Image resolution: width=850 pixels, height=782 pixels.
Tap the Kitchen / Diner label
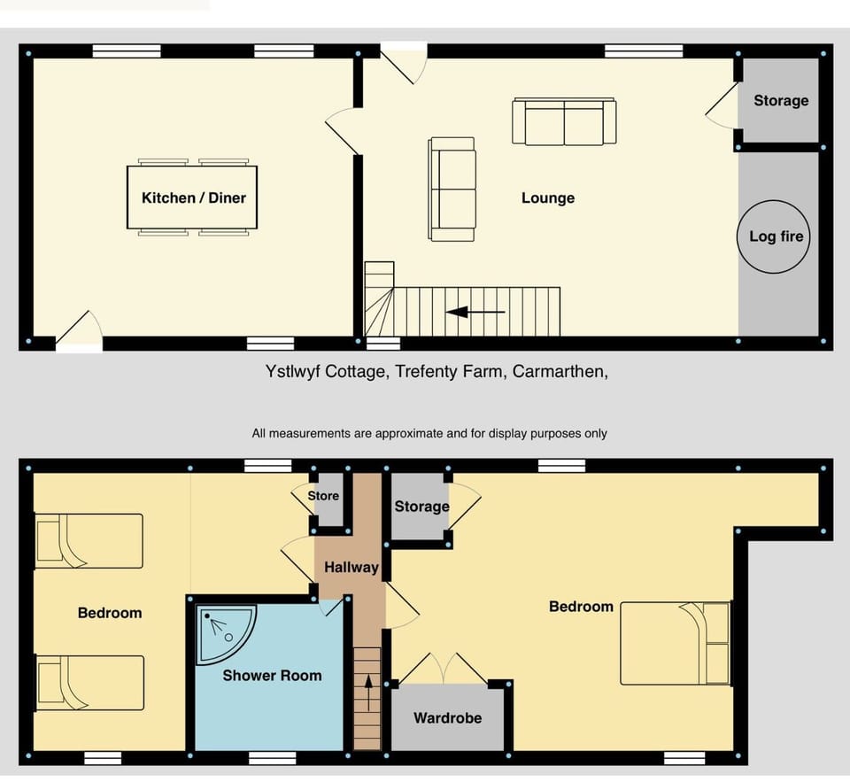point(193,197)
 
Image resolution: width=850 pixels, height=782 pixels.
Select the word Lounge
point(547,198)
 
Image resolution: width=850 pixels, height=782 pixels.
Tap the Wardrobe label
point(447,717)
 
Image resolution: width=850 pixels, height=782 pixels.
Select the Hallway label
point(351,568)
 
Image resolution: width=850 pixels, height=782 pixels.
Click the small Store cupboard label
point(323,496)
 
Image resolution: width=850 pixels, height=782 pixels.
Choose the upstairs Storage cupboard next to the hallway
point(421,507)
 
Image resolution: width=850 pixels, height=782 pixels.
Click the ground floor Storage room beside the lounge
point(780,101)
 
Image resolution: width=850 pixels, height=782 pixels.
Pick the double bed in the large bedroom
point(675,643)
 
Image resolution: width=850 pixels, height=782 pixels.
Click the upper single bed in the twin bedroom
point(88,540)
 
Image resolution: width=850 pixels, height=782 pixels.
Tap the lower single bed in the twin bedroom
point(88,683)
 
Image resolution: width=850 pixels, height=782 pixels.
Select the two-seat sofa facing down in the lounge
point(564,122)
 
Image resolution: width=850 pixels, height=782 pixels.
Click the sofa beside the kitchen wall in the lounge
point(452,189)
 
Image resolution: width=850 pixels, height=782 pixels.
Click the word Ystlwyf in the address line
point(291,373)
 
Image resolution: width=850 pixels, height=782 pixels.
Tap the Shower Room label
point(272,676)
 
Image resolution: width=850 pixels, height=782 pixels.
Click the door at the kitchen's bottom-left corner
point(80,337)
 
